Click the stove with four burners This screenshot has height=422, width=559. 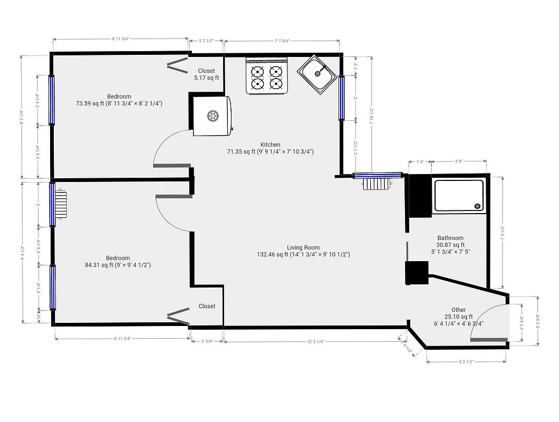click(x=267, y=77)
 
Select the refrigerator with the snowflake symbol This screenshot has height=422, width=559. click(x=212, y=116)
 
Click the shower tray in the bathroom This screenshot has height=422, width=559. click(x=458, y=196)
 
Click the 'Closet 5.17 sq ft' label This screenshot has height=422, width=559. click(x=206, y=74)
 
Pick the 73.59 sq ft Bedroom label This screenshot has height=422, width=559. click(x=119, y=100)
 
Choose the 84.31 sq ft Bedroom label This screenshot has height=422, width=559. click(x=118, y=262)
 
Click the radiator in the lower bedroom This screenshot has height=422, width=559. click(x=62, y=204)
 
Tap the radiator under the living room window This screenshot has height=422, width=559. click(x=375, y=184)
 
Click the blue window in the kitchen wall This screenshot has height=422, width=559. click(x=342, y=98)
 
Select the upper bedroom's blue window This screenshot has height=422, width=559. click(x=52, y=100)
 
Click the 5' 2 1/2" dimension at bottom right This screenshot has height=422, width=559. click(x=466, y=361)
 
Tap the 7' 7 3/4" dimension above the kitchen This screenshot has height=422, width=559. click(x=282, y=40)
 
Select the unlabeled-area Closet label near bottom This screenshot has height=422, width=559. click(x=207, y=306)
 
